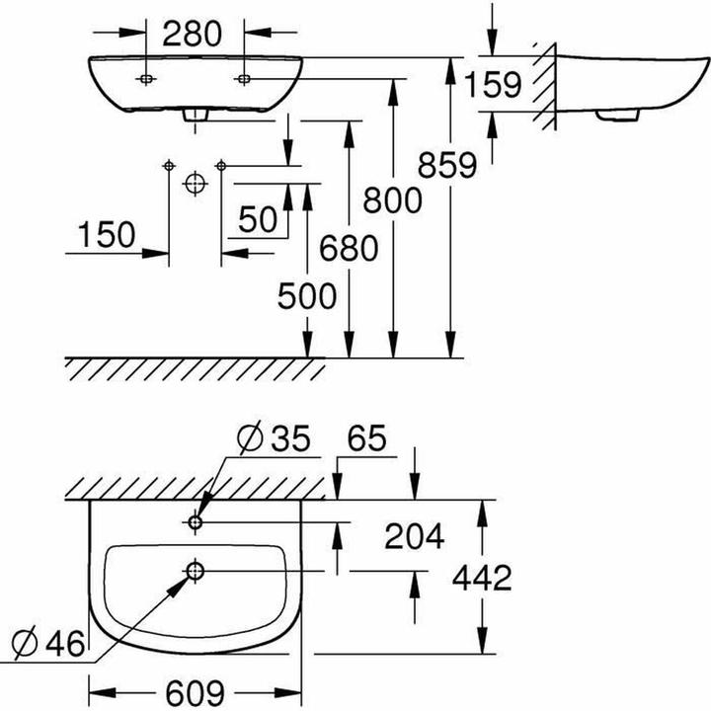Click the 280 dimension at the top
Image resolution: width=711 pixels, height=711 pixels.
(x=194, y=34)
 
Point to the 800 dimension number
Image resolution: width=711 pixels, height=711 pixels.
(x=392, y=199)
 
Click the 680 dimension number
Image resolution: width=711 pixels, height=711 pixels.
(x=348, y=249)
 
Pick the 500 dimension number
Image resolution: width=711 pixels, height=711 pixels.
(x=307, y=294)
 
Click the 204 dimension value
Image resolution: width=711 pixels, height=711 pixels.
(x=413, y=536)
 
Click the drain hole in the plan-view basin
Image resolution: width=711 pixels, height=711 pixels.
(x=194, y=571)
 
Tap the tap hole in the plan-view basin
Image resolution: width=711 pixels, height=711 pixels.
(x=194, y=521)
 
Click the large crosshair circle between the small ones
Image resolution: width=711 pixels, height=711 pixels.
(x=195, y=183)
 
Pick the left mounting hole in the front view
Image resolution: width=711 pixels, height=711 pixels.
(x=146, y=77)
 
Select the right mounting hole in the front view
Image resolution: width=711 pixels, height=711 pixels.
(x=243, y=77)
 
